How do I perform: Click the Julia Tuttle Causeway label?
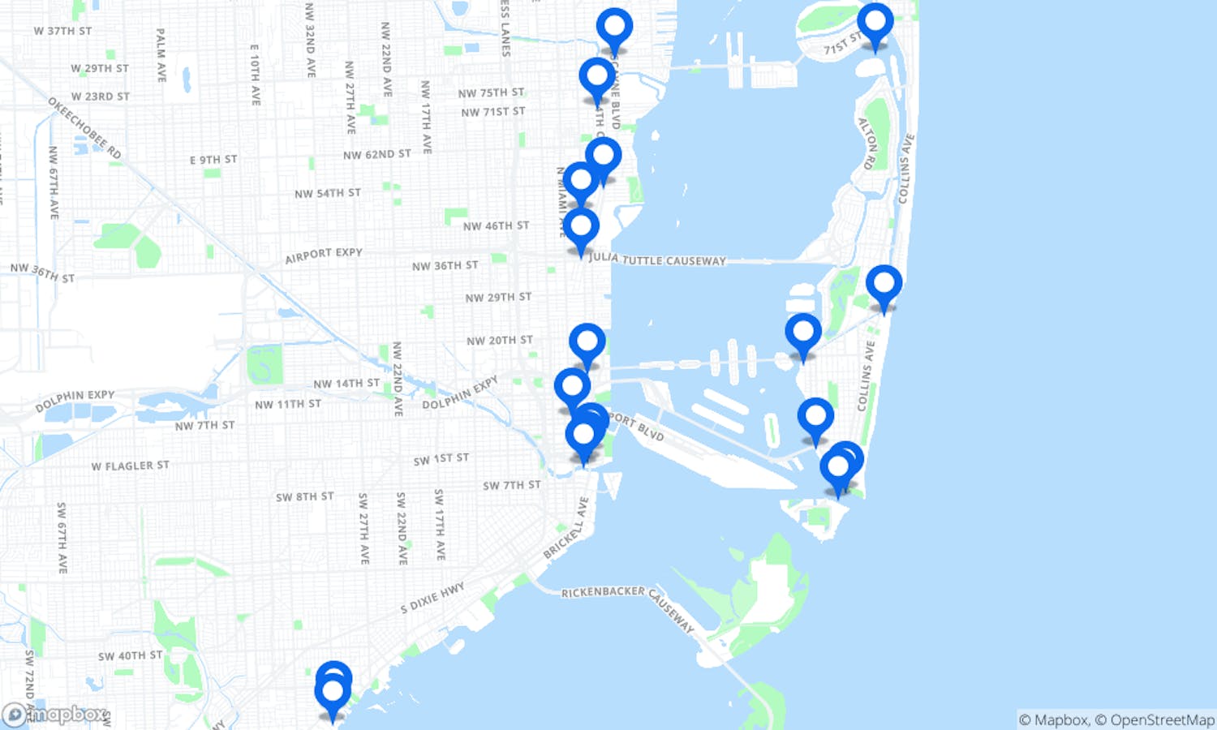click(657, 260)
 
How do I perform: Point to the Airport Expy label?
click(324, 255)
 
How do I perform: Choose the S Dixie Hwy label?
click(432, 598)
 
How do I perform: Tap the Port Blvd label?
click(636, 426)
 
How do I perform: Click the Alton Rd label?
click(867, 144)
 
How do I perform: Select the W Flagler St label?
click(130, 466)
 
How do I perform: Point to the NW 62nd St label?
click(376, 154)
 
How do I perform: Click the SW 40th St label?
click(130, 655)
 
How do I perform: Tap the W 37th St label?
click(62, 31)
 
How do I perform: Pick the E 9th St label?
click(213, 160)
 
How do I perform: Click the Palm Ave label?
click(161, 54)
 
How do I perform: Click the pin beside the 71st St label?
click(875, 22)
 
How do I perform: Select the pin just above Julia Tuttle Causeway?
click(581, 227)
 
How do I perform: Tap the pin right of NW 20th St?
click(587, 341)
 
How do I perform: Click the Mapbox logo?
click(55, 715)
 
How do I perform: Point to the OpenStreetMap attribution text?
click(1162, 719)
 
